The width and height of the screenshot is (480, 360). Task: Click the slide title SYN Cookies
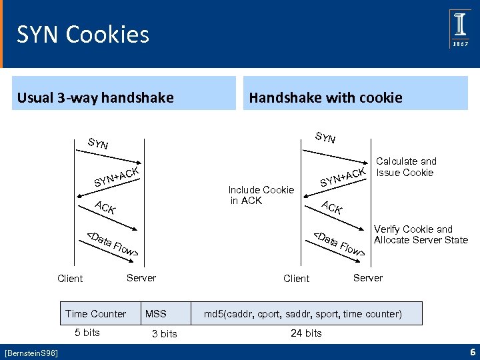point(83,34)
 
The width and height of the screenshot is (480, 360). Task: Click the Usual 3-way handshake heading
point(95,98)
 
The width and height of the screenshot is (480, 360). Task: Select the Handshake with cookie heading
point(325,98)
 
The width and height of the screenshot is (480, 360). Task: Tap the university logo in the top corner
point(460,29)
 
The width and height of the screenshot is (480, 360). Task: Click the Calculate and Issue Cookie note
point(406,167)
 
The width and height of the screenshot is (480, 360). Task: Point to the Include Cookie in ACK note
point(261,195)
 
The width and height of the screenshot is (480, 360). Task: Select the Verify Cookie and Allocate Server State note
point(421,234)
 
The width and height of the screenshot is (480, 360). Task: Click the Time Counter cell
point(95,313)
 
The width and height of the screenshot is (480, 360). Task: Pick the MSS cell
point(156,313)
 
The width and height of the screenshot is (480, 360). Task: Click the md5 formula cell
point(303,313)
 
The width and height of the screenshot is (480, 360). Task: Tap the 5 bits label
point(87,332)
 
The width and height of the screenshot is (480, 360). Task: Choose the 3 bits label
point(164,333)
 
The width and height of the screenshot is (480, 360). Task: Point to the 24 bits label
point(306,333)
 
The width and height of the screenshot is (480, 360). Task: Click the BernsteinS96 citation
point(31,351)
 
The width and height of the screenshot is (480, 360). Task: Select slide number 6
point(471,351)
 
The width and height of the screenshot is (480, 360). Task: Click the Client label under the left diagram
point(70,279)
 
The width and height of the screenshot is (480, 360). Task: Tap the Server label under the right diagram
point(367,277)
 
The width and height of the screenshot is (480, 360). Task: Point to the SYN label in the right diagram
point(325,138)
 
